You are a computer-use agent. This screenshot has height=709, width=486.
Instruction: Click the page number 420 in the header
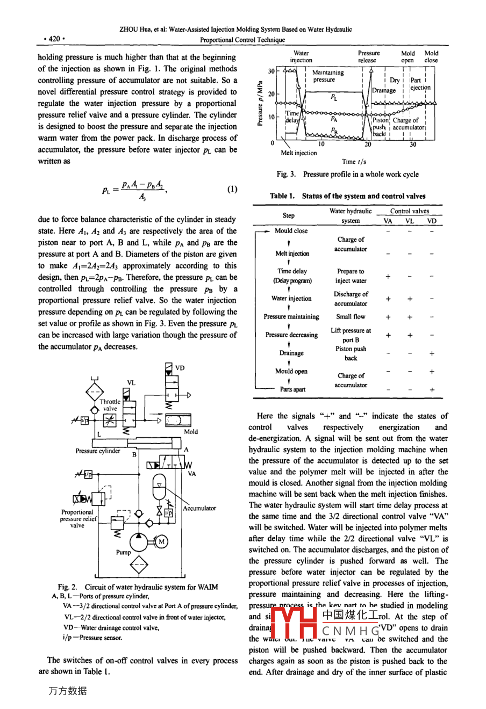point(54,39)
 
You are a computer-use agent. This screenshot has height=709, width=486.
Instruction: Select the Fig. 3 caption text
point(347,174)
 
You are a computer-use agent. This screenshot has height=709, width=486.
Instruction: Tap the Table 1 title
point(347,196)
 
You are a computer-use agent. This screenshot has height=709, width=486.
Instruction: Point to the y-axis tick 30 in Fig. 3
point(271,71)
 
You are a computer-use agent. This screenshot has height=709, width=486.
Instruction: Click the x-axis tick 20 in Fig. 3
point(368,144)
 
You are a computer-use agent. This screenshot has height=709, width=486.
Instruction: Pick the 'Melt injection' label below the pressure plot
point(299,153)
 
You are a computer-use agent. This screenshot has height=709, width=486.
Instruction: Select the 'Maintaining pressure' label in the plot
point(327,76)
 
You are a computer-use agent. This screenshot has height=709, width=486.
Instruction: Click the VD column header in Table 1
point(432,220)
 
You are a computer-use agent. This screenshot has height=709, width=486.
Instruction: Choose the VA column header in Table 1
point(388,220)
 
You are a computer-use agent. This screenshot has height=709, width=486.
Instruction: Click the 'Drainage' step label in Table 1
point(291,353)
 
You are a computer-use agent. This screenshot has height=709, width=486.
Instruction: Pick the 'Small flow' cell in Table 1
point(351,317)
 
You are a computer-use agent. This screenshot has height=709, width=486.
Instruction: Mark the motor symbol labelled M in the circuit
point(161,542)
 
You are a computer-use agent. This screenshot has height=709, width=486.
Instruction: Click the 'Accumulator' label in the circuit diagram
point(199,508)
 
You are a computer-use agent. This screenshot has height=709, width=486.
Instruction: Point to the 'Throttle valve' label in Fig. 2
point(110,405)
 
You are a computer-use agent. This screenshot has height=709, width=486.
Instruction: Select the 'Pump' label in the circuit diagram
point(124,552)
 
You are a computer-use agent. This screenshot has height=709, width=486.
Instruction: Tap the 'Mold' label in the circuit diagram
point(191,431)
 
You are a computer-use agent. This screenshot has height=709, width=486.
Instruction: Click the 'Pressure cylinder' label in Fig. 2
point(98,451)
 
